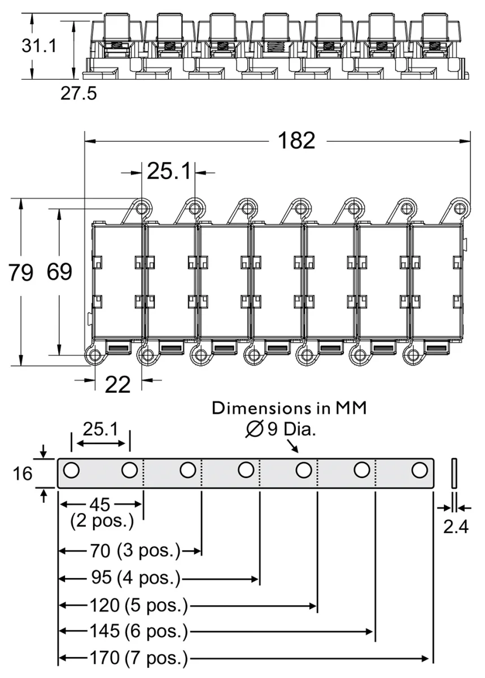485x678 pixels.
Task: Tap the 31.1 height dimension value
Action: coord(39,46)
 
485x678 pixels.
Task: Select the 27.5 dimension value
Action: coord(78,93)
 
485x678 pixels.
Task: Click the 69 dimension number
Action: coord(59,272)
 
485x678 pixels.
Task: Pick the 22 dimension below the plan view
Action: coord(118,385)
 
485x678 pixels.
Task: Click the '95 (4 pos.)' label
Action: coord(135,578)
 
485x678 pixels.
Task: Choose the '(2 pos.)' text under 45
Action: coord(102,521)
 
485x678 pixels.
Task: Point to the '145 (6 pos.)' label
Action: coord(138,631)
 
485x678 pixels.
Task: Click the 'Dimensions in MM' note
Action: coord(289,408)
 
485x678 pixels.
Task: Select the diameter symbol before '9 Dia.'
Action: coord(254,431)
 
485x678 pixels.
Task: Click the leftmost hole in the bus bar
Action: coord(71,470)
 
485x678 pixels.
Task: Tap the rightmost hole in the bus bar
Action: coord(419,470)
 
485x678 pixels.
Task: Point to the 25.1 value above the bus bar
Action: coord(101,430)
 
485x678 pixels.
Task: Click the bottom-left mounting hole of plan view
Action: coord(94,356)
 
